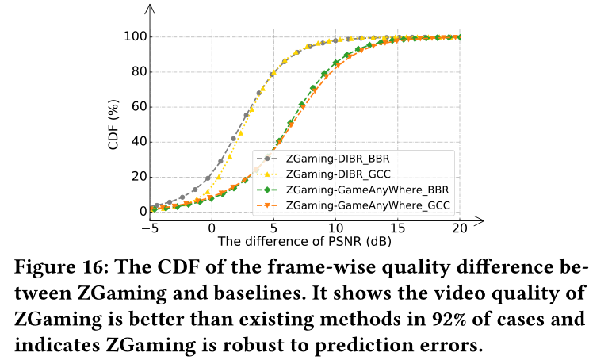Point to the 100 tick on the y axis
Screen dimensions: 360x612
click(132, 37)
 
